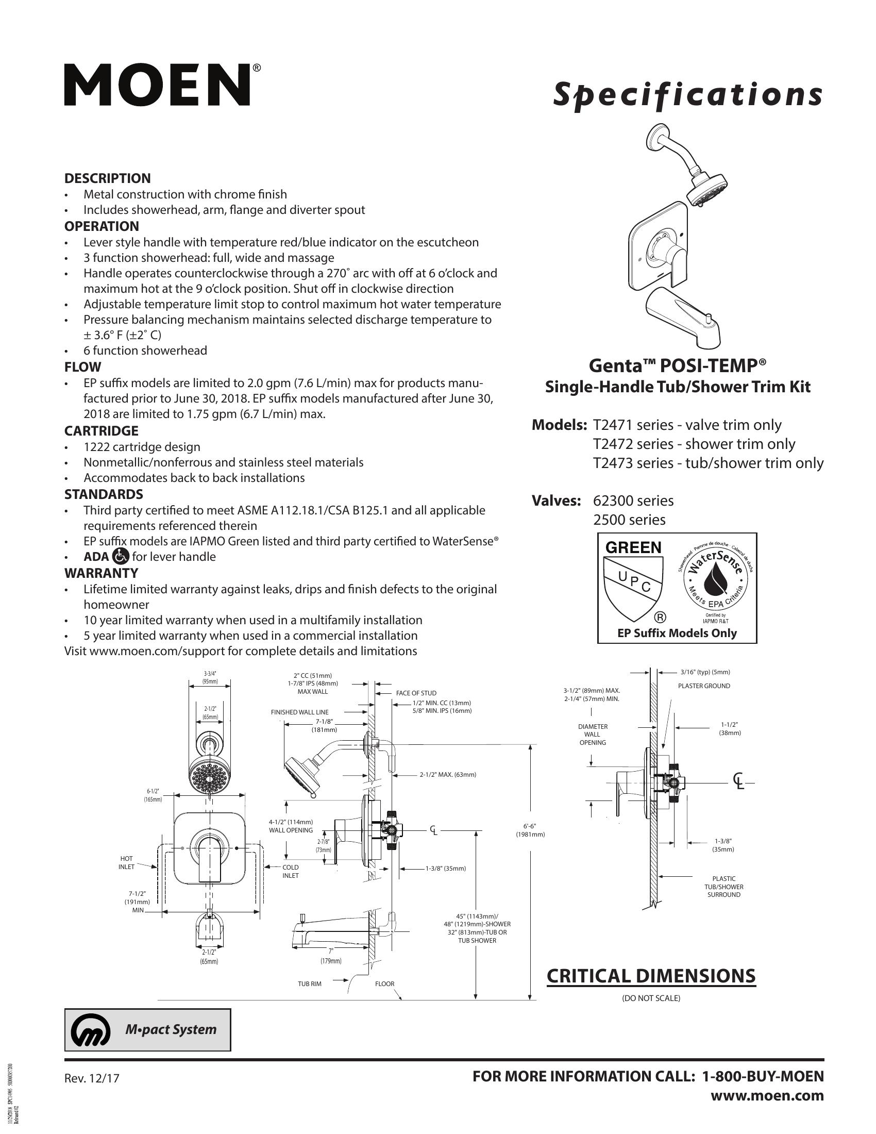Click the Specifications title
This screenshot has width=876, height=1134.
[x=687, y=95]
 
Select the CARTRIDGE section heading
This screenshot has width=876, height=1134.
[x=101, y=431]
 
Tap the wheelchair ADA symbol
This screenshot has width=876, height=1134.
[x=121, y=557]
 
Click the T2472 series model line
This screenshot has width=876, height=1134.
[x=694, y=444]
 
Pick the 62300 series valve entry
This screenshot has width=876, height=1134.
[x=633, y=501]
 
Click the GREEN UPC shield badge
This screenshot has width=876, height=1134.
[x=634, y=578]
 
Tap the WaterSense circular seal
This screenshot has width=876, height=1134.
[x=716, y=578]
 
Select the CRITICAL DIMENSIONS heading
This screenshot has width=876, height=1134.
[x=651, y=976]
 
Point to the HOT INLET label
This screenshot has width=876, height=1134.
[x=127, y=863]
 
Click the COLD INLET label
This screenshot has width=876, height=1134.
[x=290, y=871]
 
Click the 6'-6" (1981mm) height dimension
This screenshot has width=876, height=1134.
[x=530, y=830]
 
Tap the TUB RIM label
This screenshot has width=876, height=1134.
[x=309, y=984]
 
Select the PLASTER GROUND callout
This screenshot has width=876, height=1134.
[x=704, y=686]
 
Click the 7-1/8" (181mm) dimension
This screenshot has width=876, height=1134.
[x=324, y=725]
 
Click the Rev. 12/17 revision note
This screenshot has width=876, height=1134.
[x=92, y=1078]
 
